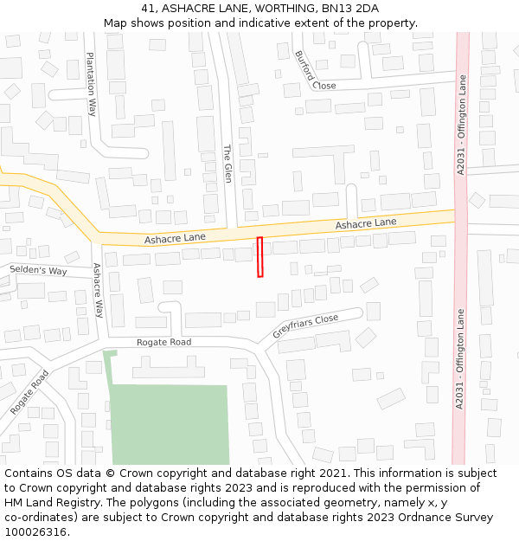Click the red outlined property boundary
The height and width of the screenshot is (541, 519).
pyautogui.click(x=259, y=257)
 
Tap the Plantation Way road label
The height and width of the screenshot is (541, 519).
pyautogui.click(x=91, y=84)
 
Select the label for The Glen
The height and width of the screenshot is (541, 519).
pyautogui.click(x=227, y=163)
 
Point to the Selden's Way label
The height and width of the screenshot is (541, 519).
pyautogui.click(x=38, y=271)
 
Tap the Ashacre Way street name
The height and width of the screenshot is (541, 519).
pyautogui.click(x=98, y=291)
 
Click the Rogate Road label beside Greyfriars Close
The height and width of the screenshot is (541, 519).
pyautogui.click(x=163, y=342)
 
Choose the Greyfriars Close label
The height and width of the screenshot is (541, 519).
pyautogui.click(x=305, y=326)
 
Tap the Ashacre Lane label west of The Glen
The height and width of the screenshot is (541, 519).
pyautogui.click(x=175, y=237)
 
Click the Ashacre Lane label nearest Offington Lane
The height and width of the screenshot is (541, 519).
pyautogui.click(x=365, y=223)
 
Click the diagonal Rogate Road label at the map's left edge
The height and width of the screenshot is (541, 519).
pyautogui.click(x=29, y=392)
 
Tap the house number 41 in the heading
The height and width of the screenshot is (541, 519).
pyautogui.click(x=148, y=9)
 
